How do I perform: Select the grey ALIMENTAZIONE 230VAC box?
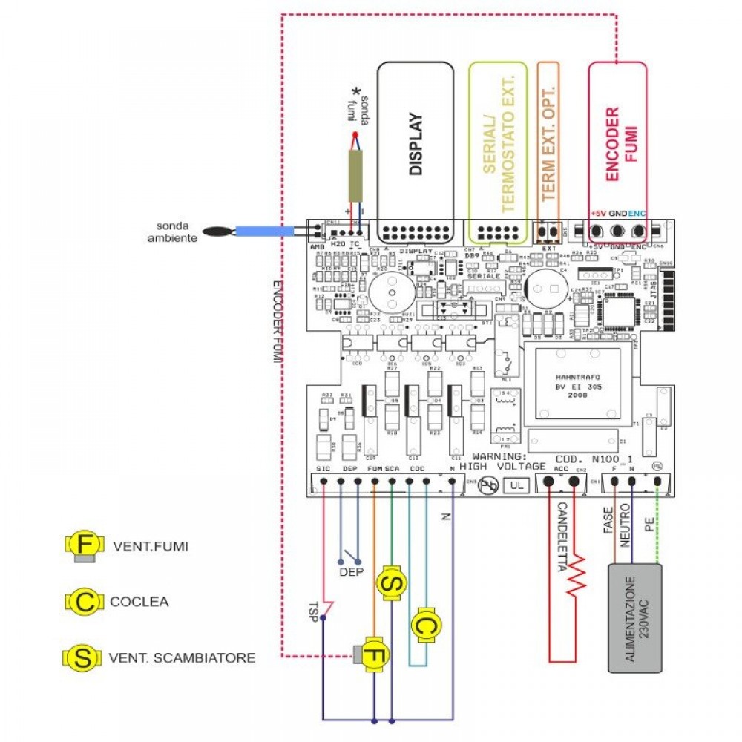pyautogui.click(x=635, y=618)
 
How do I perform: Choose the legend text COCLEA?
pyautogui.click(x=139, y=602)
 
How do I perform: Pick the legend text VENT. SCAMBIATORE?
pyautogui.click(x=182, y=657)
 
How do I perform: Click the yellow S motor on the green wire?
pyautogui.click(x=391, y=583)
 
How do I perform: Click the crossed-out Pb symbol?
pyautogui.click(x=487, y=486)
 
